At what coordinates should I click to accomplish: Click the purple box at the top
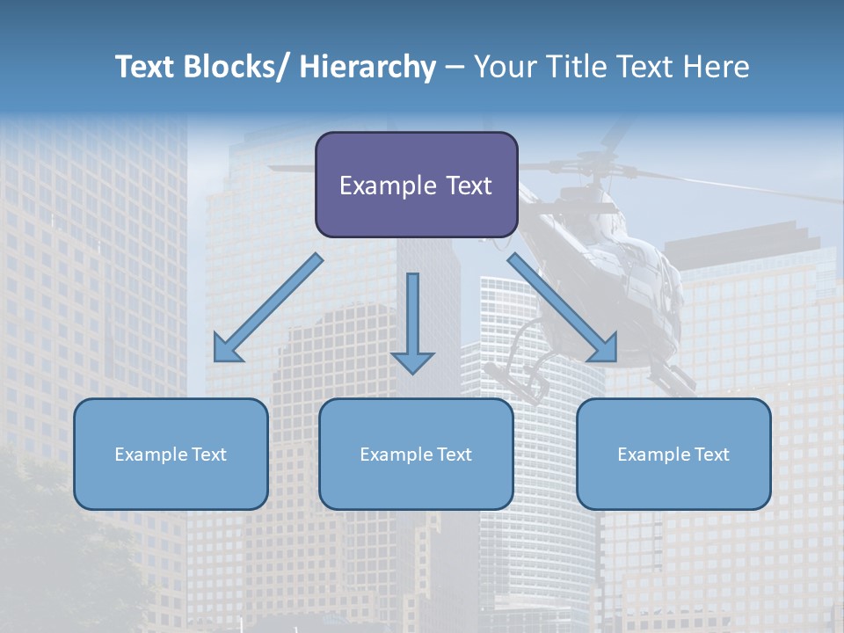point(416,185)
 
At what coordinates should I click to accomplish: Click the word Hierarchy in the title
point(367,67)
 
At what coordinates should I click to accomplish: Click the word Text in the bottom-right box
point(711,455)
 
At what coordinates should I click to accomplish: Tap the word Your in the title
point(503,67)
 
